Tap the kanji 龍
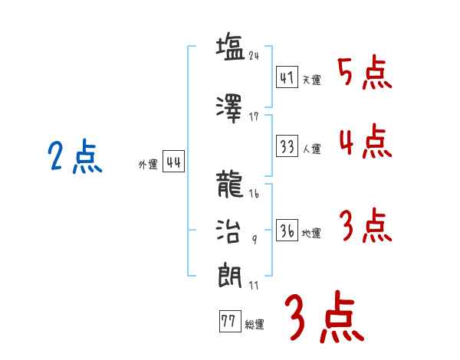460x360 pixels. (229, 185)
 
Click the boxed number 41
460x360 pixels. (287, 77)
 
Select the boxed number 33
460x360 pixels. (287, 146)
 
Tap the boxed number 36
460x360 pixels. (287, 230)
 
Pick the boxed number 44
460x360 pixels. (173, 162)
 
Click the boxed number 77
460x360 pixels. (228, 322)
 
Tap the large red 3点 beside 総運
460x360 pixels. (324, 316)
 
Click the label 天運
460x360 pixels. (311, 80)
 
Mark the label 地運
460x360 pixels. (311, 234)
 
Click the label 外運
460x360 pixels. (147, 164)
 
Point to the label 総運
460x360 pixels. (254, 325)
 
